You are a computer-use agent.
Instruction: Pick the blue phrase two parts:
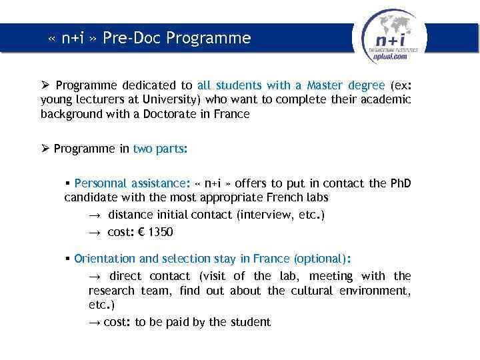click(x=160, y=149)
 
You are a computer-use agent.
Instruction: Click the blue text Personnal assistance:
click(x=131, y=183)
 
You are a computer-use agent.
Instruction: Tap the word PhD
click(x=401, y=183)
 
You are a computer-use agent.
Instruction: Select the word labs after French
click(x=316, y=197)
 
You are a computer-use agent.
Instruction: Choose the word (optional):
click(x=323, y=259)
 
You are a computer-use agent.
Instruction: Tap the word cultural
click(x=311, y=291)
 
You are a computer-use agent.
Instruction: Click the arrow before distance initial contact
click(x=94, y=215)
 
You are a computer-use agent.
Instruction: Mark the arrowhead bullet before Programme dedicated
click(x=45, y=85)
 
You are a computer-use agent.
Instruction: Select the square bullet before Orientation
click(x=68, y=259)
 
